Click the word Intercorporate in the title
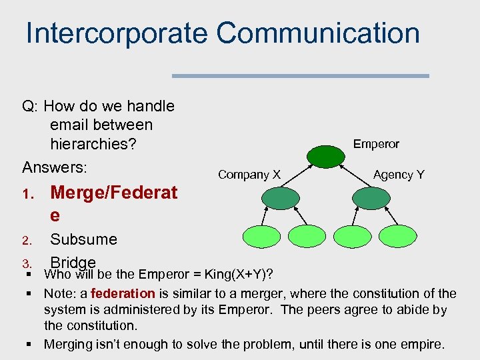tap(116, 33)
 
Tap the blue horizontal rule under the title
tap(300, 76)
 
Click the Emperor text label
tap(376, 144)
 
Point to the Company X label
tap(249, 175)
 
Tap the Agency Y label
tap(399, 175)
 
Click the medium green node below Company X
tap(281, 197)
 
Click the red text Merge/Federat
tap(113, 193)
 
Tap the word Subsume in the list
tap(83, 239)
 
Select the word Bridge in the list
tap(73, 262)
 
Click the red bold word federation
tap(123, 293)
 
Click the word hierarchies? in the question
tap(93, 143)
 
